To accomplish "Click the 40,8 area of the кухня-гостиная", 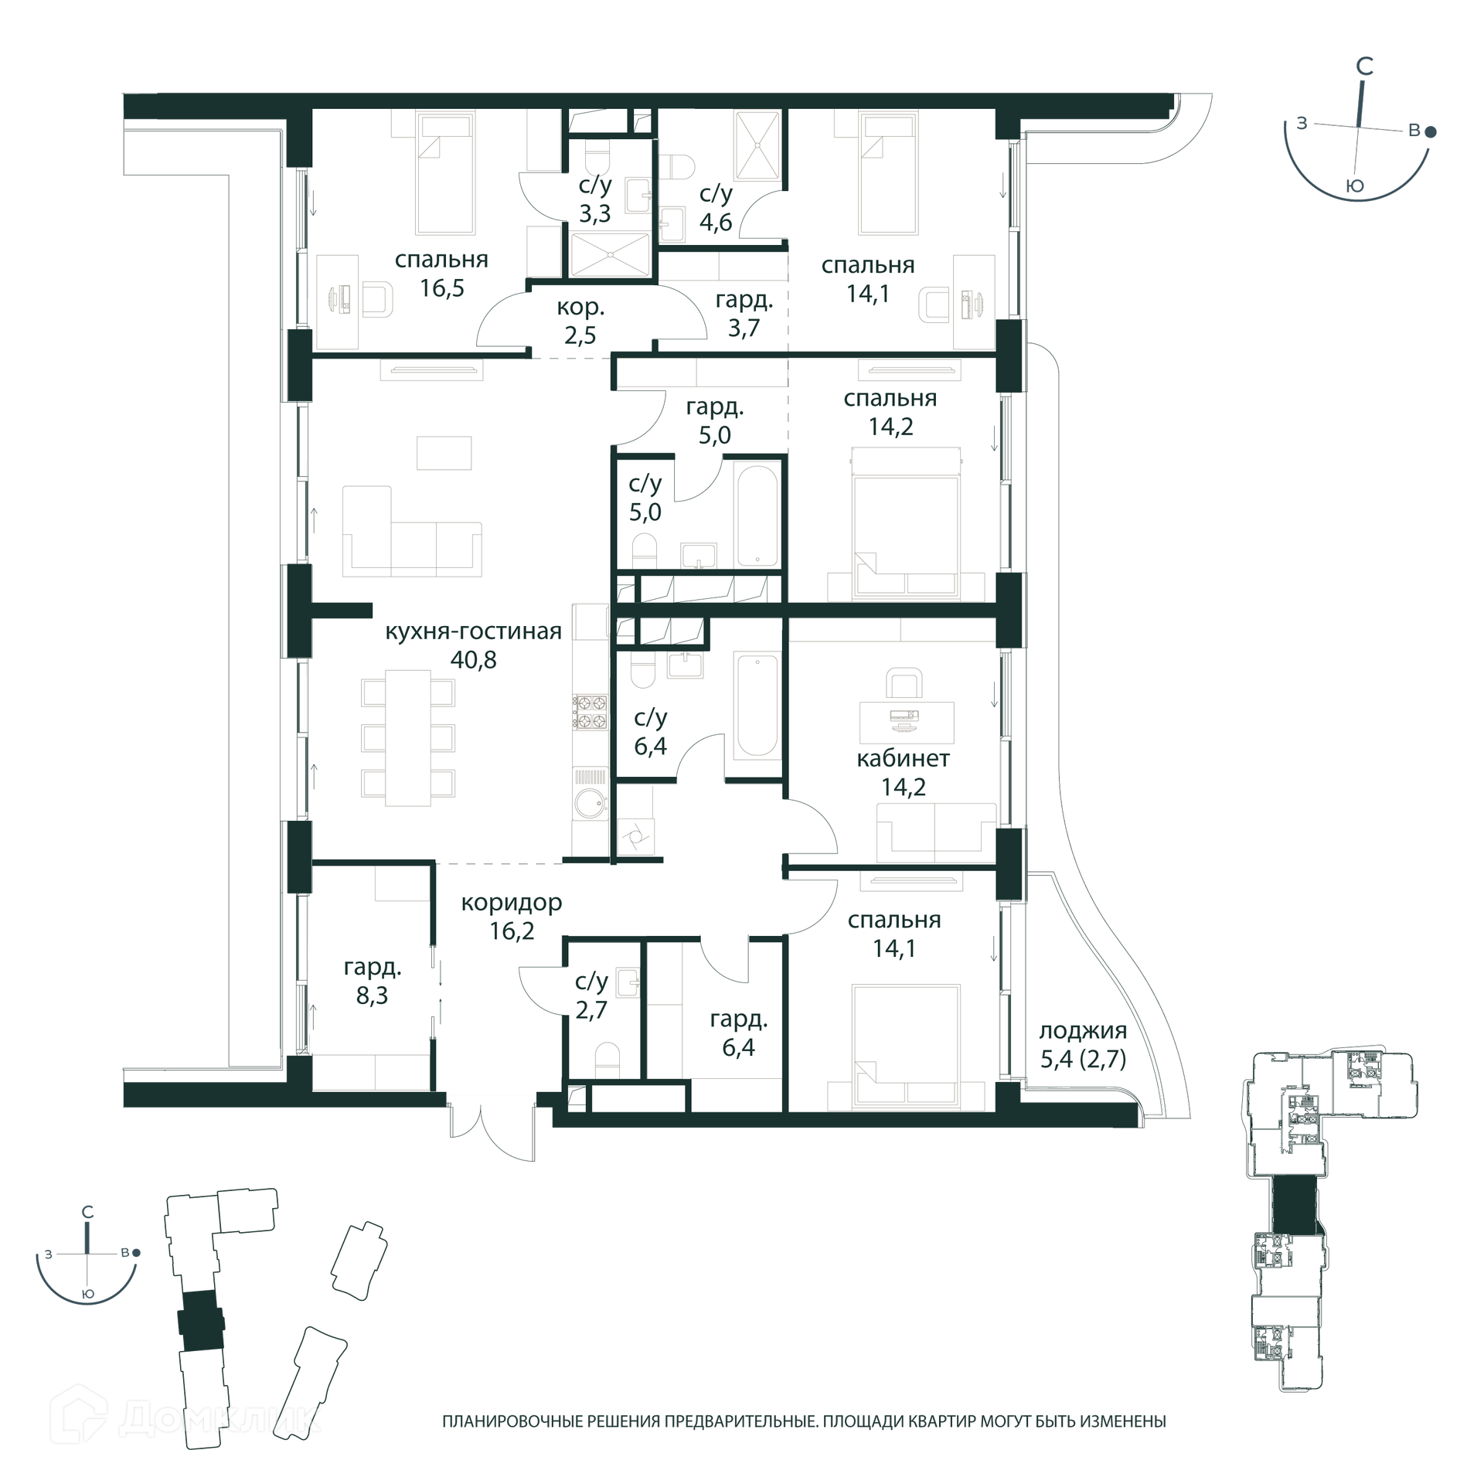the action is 473,660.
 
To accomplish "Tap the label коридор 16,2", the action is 512,917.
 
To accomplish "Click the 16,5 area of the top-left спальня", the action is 442,288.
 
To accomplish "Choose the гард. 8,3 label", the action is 373,981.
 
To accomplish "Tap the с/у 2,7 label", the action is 591,996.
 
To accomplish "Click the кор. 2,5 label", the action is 580,322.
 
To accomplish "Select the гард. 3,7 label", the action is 744,314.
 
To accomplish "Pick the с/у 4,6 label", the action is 716,208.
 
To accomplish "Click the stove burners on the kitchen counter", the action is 590,712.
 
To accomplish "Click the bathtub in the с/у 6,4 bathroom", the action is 757,706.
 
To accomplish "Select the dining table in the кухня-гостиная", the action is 408,737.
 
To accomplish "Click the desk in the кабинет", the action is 907,722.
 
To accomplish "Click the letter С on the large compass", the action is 1365,67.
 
